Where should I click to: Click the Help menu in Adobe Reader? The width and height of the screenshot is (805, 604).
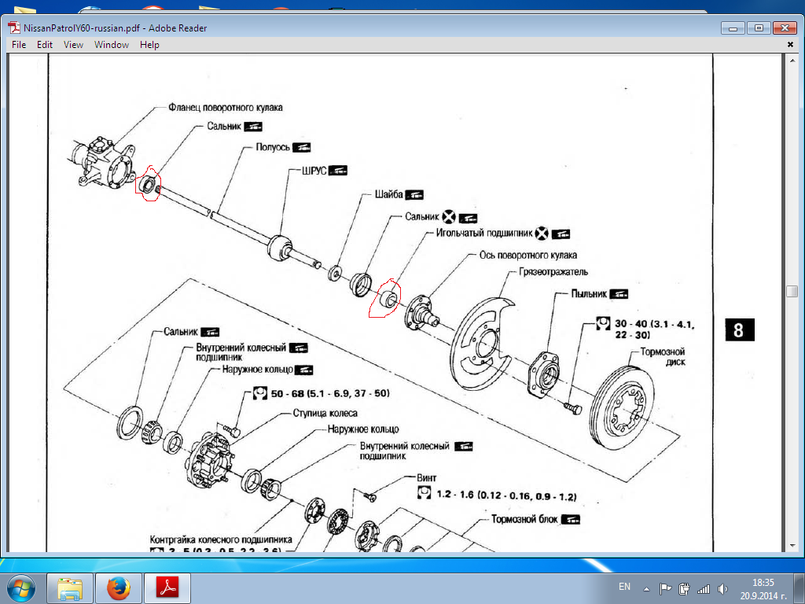[149, 45]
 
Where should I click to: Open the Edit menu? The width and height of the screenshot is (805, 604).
[45, 45]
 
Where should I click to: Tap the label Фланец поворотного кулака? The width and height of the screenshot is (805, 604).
[225, 107]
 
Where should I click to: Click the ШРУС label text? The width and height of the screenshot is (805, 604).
[314, 170]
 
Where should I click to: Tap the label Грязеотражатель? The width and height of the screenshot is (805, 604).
[553, 272]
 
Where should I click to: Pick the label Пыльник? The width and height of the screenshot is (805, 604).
[588, 293]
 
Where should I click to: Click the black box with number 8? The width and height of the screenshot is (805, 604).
[737, 330]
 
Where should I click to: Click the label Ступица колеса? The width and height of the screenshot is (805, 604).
[325, 413]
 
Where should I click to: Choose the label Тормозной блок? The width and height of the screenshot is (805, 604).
[524, 520]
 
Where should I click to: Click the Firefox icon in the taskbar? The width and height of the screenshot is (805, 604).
[119, 587]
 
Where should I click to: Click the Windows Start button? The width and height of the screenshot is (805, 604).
[22, 587]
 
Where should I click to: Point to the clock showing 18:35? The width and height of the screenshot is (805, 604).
[763, 583]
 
